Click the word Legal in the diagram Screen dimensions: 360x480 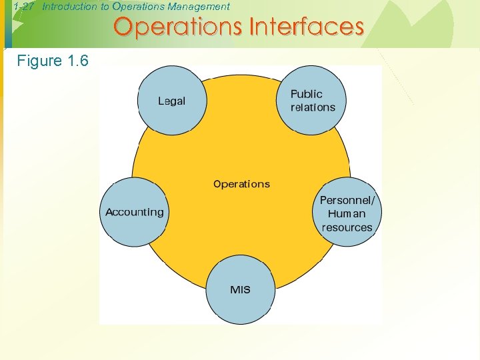click(x=171, y=101)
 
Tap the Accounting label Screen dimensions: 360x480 click(x=134, y=212)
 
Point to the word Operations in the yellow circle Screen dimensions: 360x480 click(x=241, y=184)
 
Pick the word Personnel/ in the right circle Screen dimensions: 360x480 click(x=347, y=200)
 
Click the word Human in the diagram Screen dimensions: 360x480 click(x=347, y=214)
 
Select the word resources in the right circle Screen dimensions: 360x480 click(x=347, y=227)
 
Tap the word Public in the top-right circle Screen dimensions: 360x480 click(x=307, y=94)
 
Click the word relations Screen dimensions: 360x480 click(x=313, y=107)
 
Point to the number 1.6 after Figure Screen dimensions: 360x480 click(x=77, y=61)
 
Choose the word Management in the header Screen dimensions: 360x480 click(x=199, y=7)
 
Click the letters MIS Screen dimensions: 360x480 click(x=240, y=290)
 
